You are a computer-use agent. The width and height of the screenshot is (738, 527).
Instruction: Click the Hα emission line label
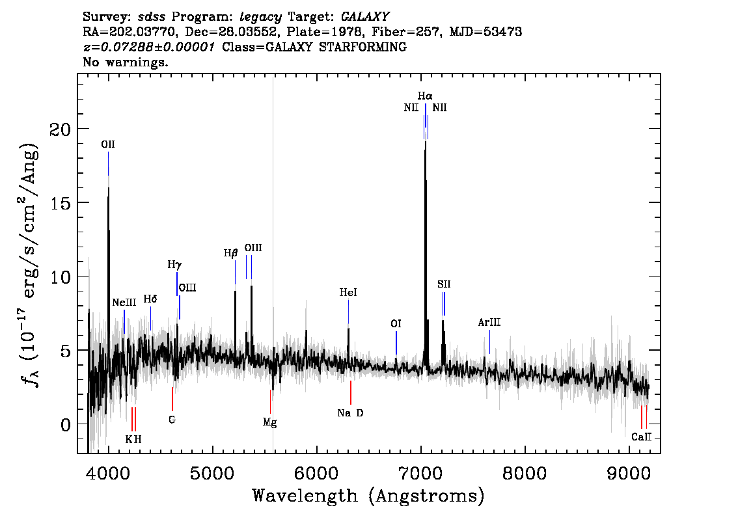tap(424, 96)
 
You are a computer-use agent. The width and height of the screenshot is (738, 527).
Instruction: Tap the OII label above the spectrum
tap(108, 144)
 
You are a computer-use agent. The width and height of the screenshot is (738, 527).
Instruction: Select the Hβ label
tap(230, 253)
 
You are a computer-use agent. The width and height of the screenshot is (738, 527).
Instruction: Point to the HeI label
tap(348, 293)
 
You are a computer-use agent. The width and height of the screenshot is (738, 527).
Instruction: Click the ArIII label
tap(489, 322)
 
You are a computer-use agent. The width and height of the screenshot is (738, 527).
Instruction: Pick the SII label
tap(444, 284)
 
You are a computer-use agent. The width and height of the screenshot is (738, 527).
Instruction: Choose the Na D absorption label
tap(350, 413)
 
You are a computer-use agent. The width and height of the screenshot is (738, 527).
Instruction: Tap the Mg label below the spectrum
tap(269, 422)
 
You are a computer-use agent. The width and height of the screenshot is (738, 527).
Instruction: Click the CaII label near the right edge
tap(642, 437)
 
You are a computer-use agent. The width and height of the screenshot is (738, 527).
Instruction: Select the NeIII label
tap(124, 302)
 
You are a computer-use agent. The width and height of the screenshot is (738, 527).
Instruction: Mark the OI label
tap(396, 324)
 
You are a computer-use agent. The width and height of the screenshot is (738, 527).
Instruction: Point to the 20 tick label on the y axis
tap(60, 129)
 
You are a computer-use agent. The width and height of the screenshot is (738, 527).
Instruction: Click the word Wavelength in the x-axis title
tap(305, 496)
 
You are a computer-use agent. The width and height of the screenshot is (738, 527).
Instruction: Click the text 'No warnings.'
tap(125, 62)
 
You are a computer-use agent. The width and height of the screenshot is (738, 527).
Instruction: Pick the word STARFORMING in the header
tap(362, 47)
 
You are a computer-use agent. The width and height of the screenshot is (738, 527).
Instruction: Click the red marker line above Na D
tap(351, 392)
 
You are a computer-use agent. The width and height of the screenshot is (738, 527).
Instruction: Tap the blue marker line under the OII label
tap(108, 163)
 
